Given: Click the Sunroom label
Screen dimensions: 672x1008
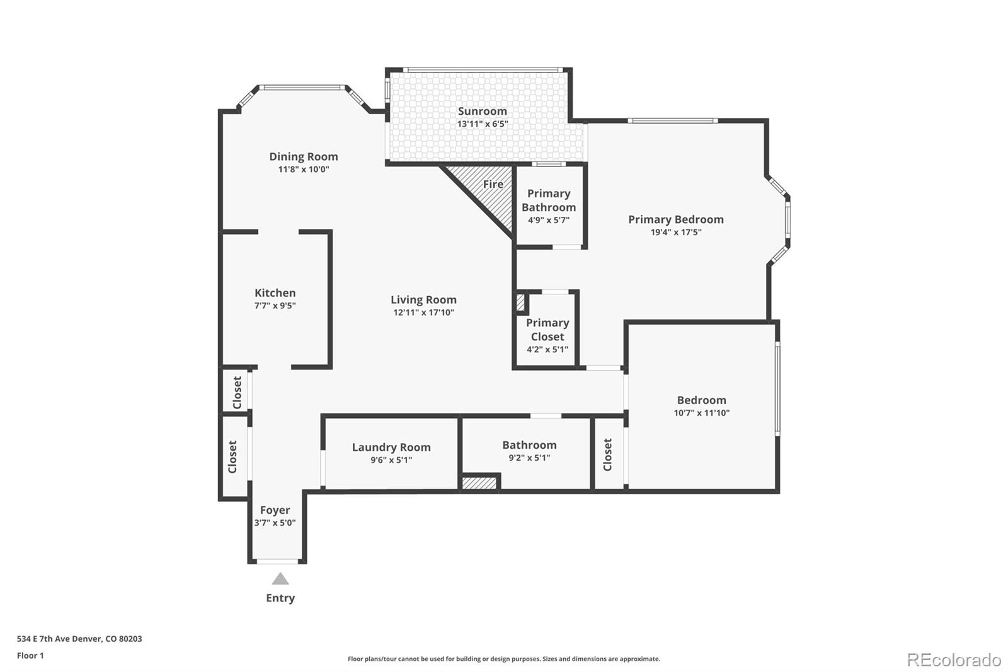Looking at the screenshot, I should [x=482, y=112].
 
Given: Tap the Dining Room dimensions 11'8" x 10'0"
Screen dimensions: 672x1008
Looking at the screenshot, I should [x=304, y=170].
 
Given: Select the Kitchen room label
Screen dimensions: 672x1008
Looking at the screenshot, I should [x=275, y=293].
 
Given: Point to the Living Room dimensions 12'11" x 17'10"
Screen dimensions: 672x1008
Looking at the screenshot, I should [x=423, y=313].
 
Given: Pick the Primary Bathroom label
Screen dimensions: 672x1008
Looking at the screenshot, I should [x=548, y=200].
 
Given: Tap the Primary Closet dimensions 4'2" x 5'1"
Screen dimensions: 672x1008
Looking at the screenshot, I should [x=547, y=349].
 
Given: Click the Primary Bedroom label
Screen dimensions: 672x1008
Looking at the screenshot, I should [x=675, y=219].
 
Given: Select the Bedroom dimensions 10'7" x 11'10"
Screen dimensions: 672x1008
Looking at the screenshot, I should [x=701, y=413].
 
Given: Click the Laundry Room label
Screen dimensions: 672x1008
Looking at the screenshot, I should [x=391, y=447].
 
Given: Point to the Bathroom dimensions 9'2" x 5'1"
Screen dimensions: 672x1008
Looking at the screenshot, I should [x=529, y=458].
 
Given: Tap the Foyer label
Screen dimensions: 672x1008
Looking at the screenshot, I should [x=275, y=510].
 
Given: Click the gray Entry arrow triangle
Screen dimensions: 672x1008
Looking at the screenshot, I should [x=280, y=579].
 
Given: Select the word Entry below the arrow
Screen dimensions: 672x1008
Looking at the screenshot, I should [x=280, y=598].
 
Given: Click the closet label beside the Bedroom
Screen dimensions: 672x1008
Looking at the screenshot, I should [x=608, y=455].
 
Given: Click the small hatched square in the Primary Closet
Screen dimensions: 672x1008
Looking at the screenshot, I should [x=520, y=302].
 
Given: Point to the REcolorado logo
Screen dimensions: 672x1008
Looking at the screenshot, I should [x=953, y=660].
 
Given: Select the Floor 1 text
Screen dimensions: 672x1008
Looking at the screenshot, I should [x=30, y=656].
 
